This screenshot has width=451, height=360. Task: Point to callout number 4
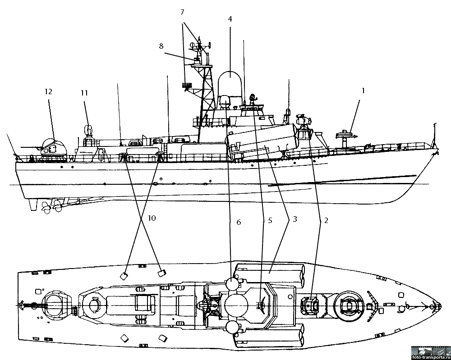[x=230, y=19]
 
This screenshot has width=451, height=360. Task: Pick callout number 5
[x=270, y=221]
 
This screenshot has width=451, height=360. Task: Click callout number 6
[x=239, y=222]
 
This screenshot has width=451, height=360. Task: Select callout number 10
[x=152, y=218]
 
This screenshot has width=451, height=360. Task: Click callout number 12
[x=49, y=92]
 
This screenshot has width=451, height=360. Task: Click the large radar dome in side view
[x=230, y=82]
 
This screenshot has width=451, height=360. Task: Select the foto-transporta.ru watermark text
[x=430, y=355]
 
